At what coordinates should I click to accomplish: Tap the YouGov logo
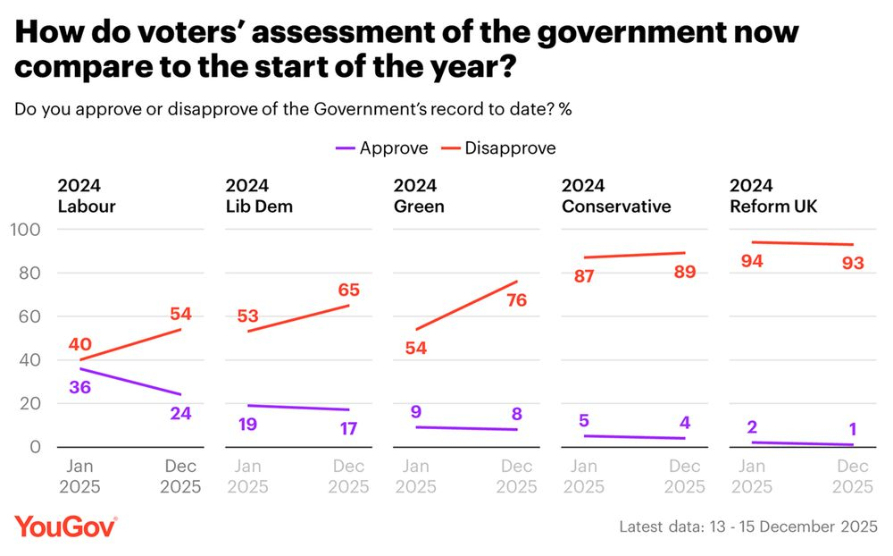(x=65, y=527)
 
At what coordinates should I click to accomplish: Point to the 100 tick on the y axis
(x=26, y=230)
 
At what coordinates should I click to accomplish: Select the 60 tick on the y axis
(x=30, y=316)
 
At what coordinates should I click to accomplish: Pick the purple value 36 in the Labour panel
(x=81, y=387)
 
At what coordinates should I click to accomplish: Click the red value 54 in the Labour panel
(x=180, y=314)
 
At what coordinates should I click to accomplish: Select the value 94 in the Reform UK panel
(x=753, y=261)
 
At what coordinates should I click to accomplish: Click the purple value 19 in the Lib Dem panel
(x=247, y=424)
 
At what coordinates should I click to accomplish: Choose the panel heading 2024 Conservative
(x=615, y=197)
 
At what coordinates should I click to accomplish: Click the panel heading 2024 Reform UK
(x=773, y=197)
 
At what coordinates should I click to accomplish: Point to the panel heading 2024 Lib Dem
(x=259, y=197)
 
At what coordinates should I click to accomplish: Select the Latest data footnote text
(x=748, y=527)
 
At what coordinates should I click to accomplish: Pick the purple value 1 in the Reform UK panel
(x=852, y=425)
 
